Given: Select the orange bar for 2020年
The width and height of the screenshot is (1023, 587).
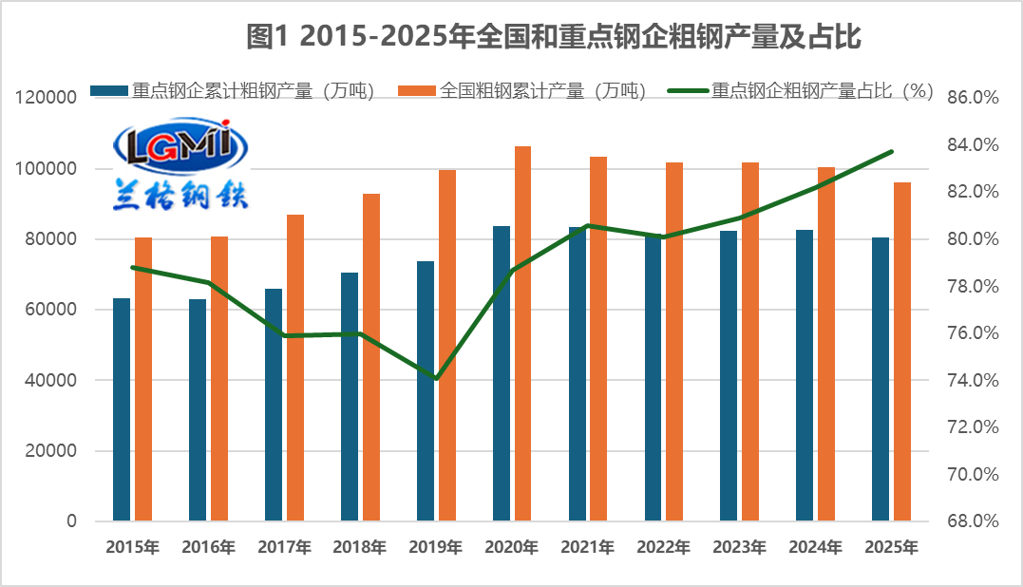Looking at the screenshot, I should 522,333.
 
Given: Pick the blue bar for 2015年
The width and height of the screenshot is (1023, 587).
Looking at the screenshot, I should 122,409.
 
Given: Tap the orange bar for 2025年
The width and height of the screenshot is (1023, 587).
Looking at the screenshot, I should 902,351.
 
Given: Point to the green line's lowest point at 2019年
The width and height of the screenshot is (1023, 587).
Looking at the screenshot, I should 436,379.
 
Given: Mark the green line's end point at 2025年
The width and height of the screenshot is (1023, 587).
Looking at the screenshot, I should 891,152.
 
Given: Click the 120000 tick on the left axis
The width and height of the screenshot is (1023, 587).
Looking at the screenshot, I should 47,98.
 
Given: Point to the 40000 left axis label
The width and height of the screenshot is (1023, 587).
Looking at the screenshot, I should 50,380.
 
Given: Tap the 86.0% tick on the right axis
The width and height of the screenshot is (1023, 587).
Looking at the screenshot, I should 973,98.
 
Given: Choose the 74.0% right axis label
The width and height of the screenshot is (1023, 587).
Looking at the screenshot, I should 973,380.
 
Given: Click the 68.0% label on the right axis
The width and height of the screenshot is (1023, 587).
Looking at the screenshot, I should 973,521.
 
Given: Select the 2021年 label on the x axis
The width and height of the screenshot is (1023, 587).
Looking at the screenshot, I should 588,547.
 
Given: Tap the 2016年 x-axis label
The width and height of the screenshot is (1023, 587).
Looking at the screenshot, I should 208,547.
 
